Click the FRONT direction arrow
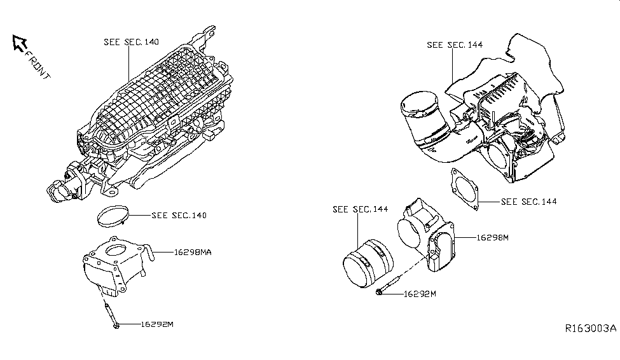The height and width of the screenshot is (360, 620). click(x=19, y=43)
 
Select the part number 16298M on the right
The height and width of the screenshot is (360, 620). click(x=493, y=237)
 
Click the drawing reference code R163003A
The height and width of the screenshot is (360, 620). click(x=591, y=329)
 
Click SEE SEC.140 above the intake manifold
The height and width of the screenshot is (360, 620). click(x=132, y=42)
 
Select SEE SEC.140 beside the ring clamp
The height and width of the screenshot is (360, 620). click(x=179, y=215)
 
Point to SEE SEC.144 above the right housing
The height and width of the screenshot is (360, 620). click(x=455, y=45)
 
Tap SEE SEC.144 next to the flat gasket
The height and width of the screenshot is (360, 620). click(x=529, y=202)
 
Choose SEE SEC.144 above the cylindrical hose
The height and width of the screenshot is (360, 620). click(x=360, y=209)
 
